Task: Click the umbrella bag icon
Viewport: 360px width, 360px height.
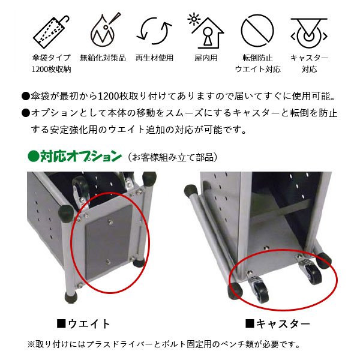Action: (x=51, y=31)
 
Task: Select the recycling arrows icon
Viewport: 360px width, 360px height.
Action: (x=154, y=31)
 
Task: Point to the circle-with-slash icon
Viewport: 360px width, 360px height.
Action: (x=257, y=31)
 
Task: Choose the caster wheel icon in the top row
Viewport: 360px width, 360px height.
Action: (x=309, y=33)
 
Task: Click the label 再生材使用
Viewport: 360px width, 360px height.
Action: (x=154, y=58)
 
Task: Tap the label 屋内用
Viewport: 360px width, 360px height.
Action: (x=206, y=58)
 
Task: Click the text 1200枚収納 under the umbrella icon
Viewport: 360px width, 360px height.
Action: (x=52, y=69)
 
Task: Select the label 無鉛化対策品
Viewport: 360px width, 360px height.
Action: (x=103, y=58)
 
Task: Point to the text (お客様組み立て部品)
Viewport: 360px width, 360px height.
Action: (x=172, y=157)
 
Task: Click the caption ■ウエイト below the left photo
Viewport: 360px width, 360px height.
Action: (x=83, y=324)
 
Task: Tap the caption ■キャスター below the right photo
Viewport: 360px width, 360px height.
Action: (x=278, y=324)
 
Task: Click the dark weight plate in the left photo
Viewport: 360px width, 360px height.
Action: (x=109, y=242)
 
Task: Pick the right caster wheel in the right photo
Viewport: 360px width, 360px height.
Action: (x=314, y=274)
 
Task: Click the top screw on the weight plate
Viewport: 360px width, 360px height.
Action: (x=110, y=222)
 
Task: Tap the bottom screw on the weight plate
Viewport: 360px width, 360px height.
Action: (x=108, y=262)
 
